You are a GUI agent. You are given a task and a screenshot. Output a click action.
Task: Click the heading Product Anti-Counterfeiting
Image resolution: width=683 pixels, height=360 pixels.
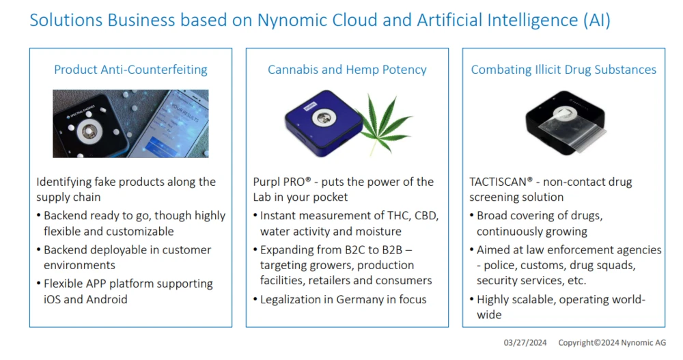click(130, 70)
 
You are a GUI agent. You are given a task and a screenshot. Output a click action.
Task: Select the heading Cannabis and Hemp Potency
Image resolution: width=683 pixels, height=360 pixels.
click(347, 70)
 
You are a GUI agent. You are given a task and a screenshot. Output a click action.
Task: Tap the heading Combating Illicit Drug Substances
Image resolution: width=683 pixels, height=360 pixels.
click(563, 70)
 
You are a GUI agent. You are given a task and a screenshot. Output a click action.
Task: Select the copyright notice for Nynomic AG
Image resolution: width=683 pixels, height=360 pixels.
click(611, 342)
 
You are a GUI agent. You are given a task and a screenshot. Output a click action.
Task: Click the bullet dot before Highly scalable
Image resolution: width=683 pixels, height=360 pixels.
click(472, 300)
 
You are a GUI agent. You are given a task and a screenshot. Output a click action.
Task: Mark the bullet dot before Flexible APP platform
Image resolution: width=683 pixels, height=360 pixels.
click(39, 284)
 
